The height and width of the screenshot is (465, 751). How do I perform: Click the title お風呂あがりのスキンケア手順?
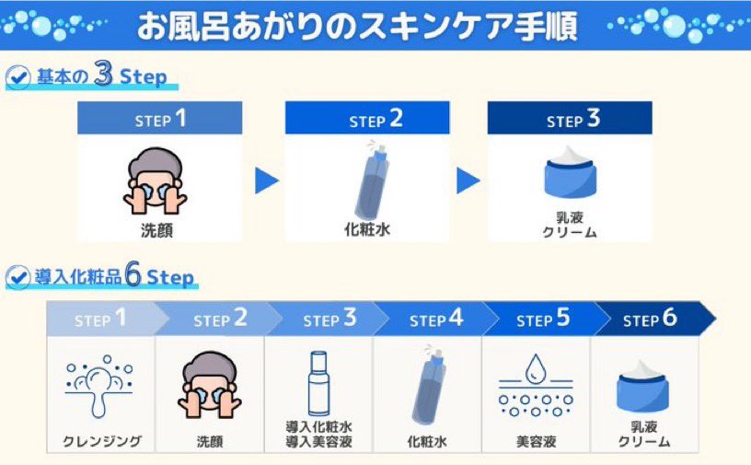[357, 27]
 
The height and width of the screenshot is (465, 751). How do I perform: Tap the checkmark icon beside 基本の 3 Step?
[18, 76]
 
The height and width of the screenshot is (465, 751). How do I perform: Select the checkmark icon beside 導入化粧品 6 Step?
[18, 277]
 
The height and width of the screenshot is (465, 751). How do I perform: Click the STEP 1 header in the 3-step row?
[160, 118]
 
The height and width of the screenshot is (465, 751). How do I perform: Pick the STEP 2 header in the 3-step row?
[367, 118]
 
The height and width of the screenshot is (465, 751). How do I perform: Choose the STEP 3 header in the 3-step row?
[570, 118]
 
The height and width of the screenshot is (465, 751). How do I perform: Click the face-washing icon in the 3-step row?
[156, 181]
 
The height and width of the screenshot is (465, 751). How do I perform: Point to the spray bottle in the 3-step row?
[372, 180]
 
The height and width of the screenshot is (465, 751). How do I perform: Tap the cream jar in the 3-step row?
[570, 172]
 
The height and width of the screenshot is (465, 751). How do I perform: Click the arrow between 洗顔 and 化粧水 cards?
[266, 180]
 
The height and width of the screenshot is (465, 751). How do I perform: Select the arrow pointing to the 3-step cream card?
[468, 180]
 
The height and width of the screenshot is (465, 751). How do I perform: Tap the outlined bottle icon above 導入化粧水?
[318, 383]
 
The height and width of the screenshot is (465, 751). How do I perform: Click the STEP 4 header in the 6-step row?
[436, 319]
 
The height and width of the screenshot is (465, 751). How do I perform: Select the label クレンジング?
[102, 441]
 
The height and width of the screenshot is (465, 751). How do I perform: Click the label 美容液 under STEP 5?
[536, 441]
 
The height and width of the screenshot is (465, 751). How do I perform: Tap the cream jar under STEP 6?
[642, 387]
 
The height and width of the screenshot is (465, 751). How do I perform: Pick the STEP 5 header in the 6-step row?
[543, 319]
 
